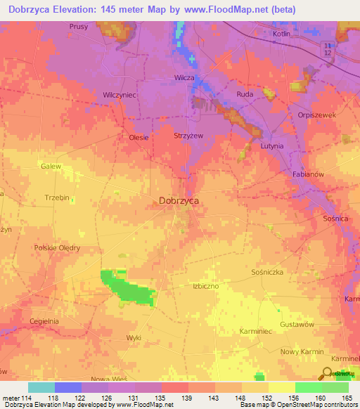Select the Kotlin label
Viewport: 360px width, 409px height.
tap(282, 33)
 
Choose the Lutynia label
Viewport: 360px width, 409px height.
tap(271, 146)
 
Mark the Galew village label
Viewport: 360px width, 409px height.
tap(50, 167)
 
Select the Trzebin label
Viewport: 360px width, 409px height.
tap(56, 198)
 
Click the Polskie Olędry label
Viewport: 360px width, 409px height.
tap(57, 248)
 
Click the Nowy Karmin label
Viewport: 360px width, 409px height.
tap(302, 351)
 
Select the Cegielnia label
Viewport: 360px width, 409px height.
tap(44, 321)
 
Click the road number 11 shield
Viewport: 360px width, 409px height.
tap(327, 45)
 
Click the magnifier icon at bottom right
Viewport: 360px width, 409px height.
tap(327, 373)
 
